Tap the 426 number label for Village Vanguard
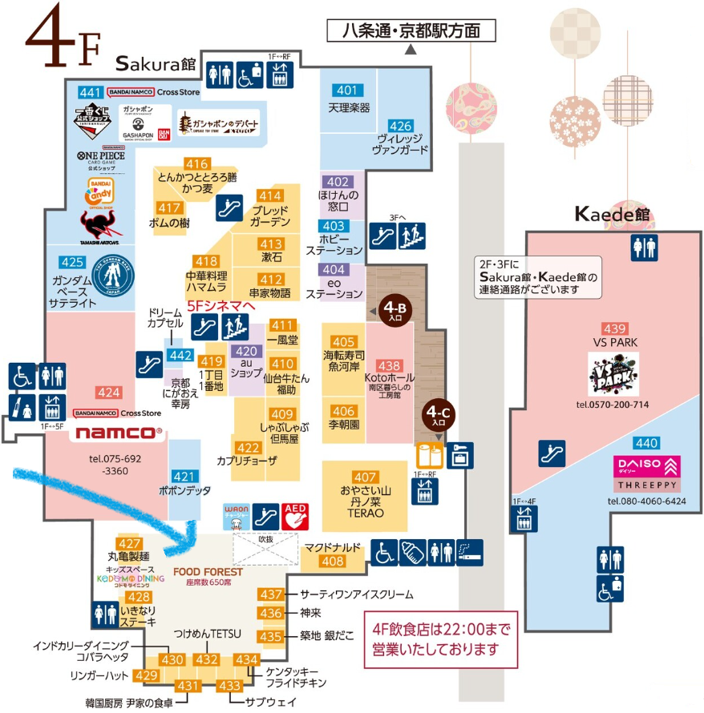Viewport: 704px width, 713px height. tap(400, 126)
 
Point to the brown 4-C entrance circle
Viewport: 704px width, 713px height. tap(438, 415)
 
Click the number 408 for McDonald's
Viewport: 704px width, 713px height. tap(332, 562)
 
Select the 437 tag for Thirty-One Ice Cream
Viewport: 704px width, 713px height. tap(272, 594)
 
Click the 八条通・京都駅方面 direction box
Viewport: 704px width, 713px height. tap(411, 31)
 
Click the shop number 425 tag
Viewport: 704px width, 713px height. tap(72, 261)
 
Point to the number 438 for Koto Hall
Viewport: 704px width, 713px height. tap(389, 365)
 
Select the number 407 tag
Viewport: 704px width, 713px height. tap(365, 477)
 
